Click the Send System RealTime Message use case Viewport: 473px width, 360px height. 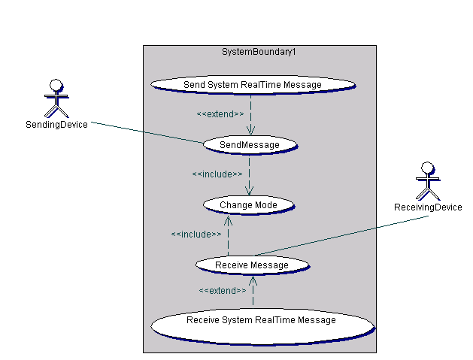(x=252, y=84)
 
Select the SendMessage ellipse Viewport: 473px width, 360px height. (x=249, y=144)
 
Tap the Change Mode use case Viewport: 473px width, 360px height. (x=248, y=204)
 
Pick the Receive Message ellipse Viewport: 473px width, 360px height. (x=252, y=265)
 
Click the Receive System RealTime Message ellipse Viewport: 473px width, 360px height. (x=261, y=322)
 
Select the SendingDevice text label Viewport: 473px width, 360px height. (x=56, y=124)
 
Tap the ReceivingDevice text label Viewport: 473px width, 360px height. (x=428, y=207)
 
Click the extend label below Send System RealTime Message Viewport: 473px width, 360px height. (x=220, y=113)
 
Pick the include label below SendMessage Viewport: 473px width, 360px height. (x=217, y=174)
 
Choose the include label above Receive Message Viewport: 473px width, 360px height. (x=196, y=234)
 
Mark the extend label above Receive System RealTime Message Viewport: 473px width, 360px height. (x=222, y=290)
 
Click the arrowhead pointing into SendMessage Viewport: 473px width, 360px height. (x=250, y=131)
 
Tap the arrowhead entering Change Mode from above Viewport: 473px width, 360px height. (x=250, y=192)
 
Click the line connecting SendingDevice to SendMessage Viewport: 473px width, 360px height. (x=147, y=133)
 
